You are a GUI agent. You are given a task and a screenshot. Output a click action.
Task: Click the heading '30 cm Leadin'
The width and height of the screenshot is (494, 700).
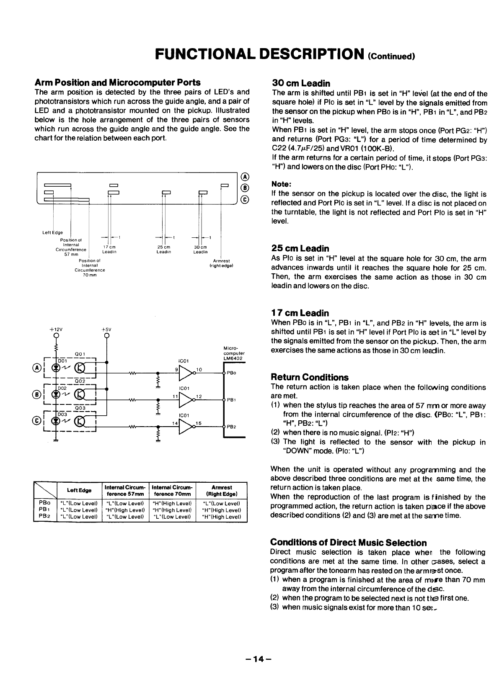(x=301, y=83)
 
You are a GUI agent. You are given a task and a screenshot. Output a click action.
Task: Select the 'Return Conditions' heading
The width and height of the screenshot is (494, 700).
(x=310, y=377)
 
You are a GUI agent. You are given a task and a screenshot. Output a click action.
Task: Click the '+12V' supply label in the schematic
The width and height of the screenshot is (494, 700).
(x=55, y=329)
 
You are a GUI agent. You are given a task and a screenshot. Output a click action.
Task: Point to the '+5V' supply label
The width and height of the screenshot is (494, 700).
(x=106, y=329)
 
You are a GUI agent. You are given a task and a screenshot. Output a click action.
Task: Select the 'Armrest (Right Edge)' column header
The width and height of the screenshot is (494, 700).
(x=222, y=490)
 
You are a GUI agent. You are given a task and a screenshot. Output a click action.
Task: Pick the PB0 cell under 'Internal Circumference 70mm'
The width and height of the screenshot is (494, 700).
(x=173, y=503)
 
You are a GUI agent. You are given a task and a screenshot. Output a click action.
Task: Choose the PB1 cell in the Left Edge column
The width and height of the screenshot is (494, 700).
(x=79, y=510)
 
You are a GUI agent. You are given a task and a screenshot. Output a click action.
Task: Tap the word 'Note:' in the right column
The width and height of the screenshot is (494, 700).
(x=282, y=184)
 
